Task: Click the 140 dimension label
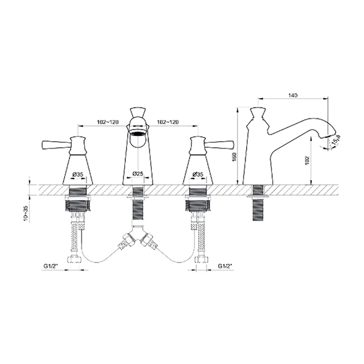tap(293, 95)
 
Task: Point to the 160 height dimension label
tap(234, 157)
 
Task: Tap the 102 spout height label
tap(307, 161)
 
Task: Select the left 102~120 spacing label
tap(107, 122)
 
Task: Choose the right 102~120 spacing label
tap(168, 122)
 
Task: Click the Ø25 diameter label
tap(138, 173)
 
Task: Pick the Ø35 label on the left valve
tap(77, 174)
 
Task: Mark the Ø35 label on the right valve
tap(198, 174)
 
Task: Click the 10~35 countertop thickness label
tap(26, 214)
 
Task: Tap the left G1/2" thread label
tap(51, 266)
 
